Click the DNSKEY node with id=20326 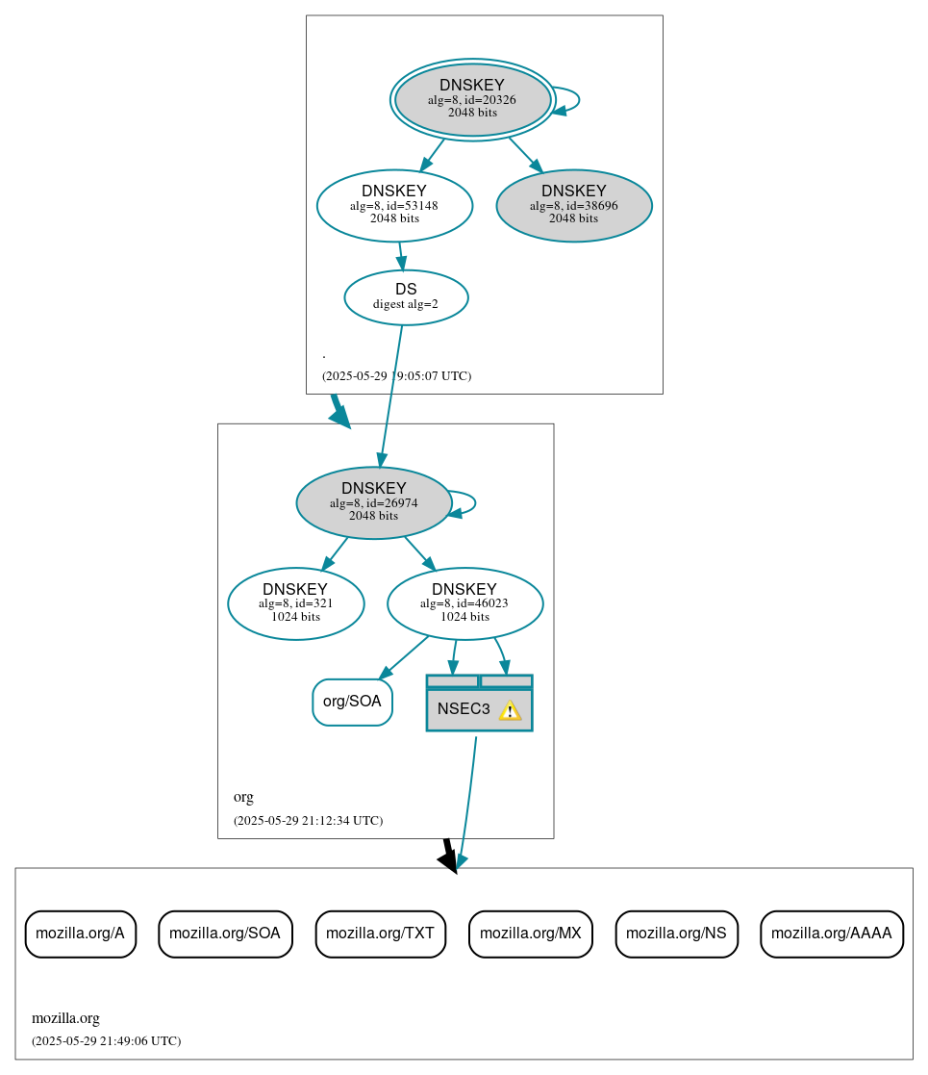tap(472, 99)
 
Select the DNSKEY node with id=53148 tap(394, 205)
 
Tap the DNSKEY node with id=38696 tap(574, 205)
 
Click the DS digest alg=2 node tap(406, 296)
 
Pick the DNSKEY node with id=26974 tap(373, 502)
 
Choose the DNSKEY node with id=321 tap(295, 603)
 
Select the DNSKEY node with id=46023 tap(464, 603)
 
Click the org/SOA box tap(352, 702)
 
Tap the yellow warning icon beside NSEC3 tap(510, 710)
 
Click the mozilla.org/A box tap(80, 934)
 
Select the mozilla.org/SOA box tap(225, 934)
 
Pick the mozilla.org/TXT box tap(380, 934)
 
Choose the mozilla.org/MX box tap(530, 934)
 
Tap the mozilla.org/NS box tap(676, 934)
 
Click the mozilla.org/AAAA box tap(831, 934)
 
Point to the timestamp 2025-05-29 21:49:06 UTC tap(106, 1041)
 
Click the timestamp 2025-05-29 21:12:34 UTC tap(308, 821)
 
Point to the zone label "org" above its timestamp tap(243, 797)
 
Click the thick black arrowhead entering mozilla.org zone tap(448, 860)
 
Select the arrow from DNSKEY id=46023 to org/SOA tap(404, 656)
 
